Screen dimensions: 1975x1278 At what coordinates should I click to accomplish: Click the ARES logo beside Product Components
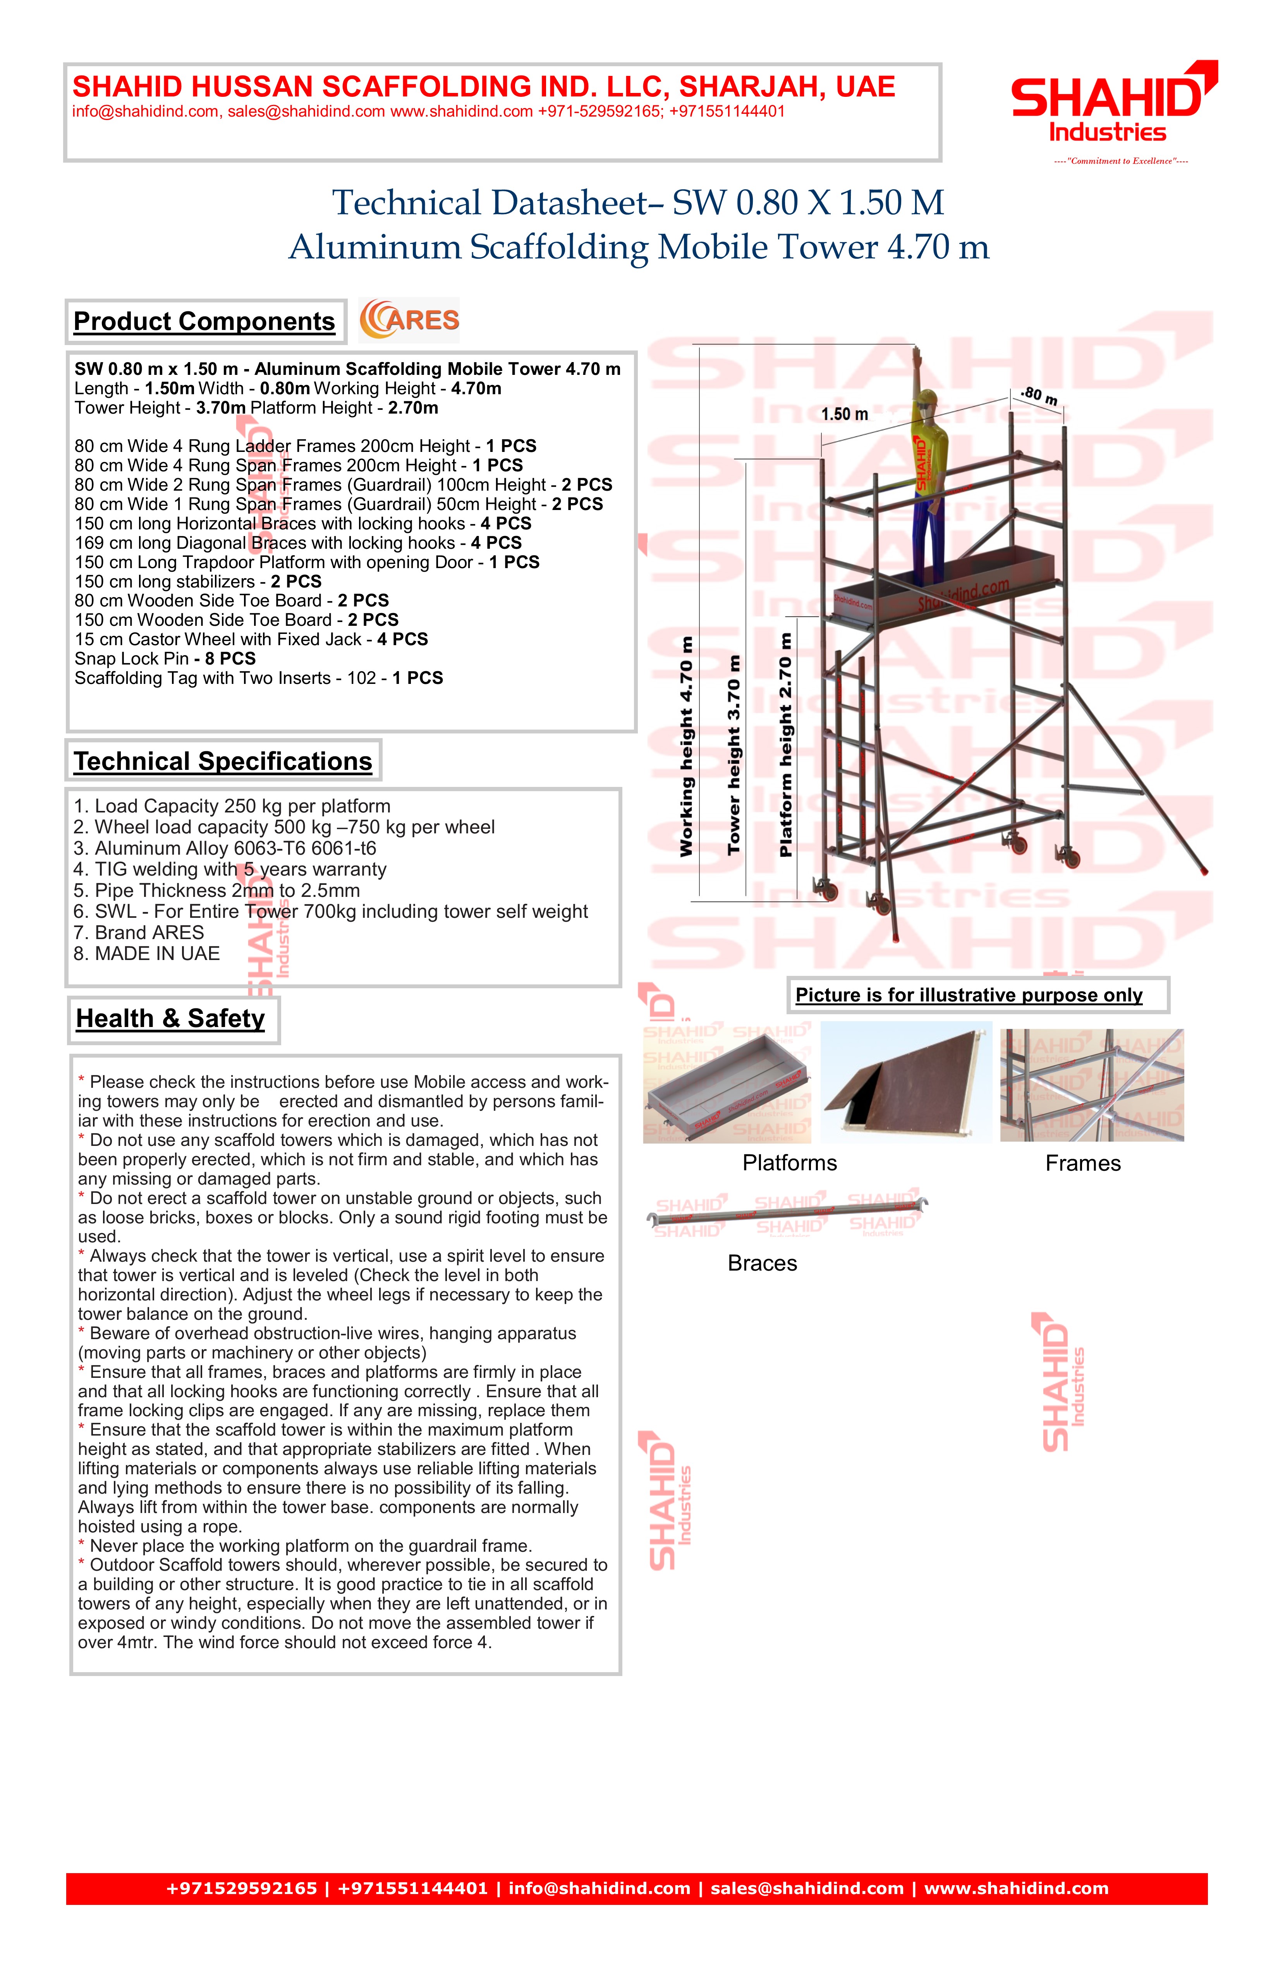409,320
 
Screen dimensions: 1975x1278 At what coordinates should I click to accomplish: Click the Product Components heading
204,322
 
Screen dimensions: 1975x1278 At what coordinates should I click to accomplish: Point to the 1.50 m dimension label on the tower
845,414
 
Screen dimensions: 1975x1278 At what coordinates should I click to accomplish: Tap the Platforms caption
789,1163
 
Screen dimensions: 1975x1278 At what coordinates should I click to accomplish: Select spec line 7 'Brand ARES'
139,933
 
